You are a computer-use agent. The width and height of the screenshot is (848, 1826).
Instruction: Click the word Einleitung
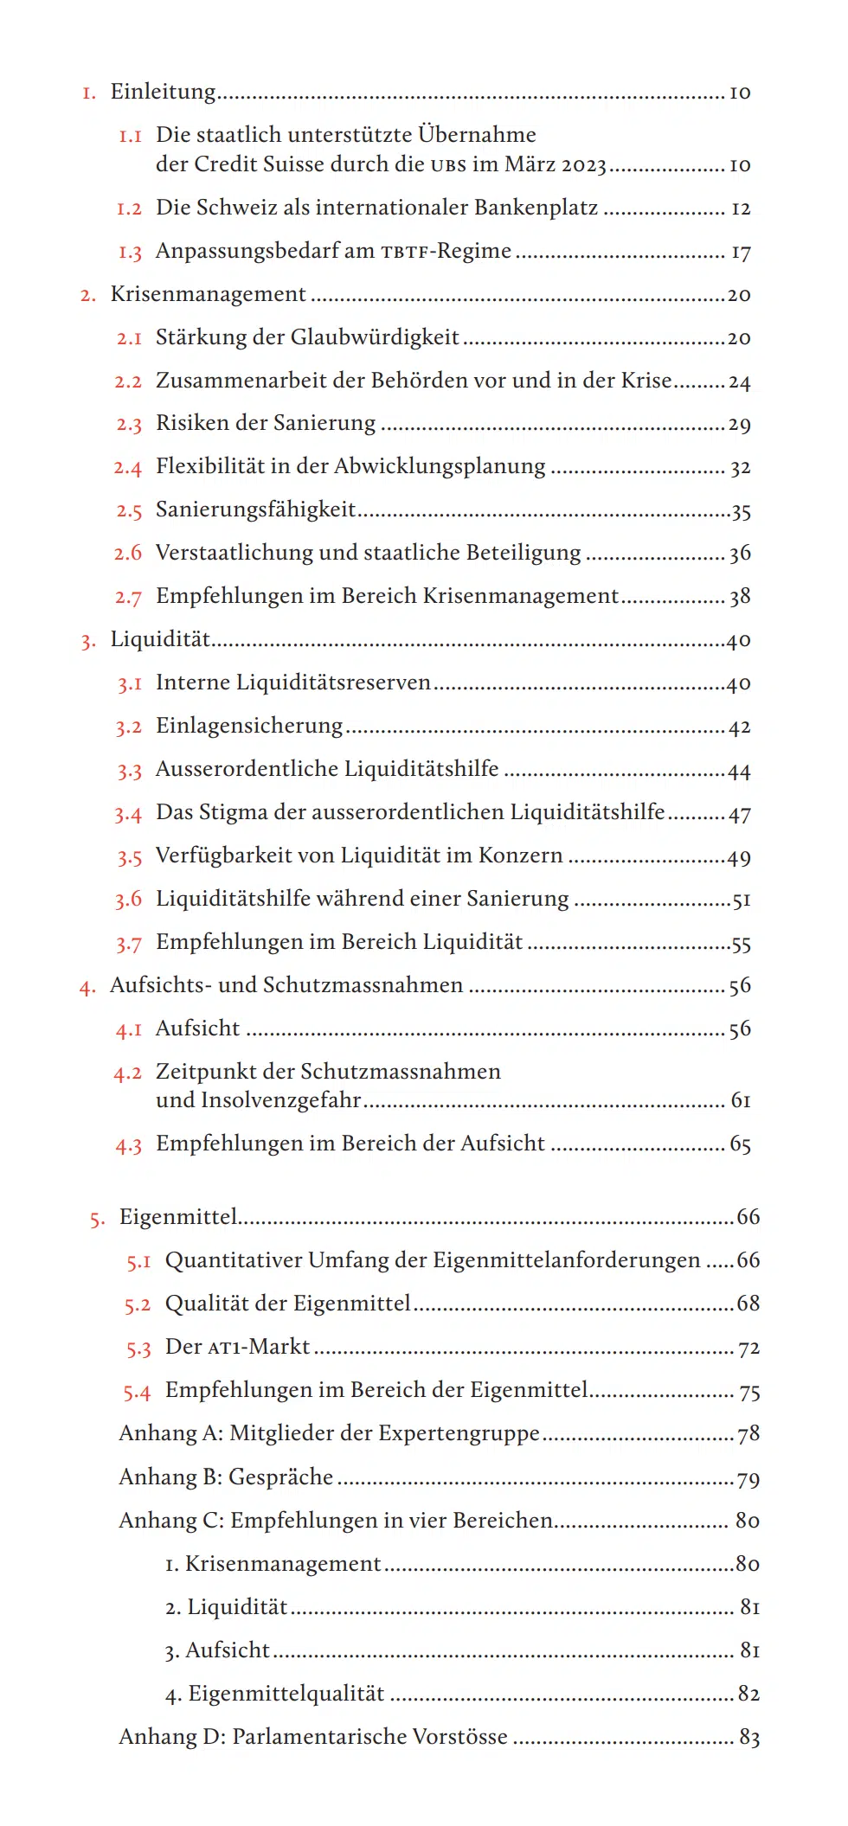(x=163, y=92)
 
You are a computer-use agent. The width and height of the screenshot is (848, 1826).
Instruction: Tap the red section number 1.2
(x=129, y=208)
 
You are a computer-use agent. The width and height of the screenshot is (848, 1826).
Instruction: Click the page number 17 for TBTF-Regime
(x=741, y=252)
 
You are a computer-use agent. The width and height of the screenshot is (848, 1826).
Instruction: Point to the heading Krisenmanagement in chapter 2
(x=208, y=294)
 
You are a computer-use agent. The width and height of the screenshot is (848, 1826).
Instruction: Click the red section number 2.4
(x=127, y=468)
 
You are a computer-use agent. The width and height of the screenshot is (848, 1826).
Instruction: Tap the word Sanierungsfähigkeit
(x=255, y=509)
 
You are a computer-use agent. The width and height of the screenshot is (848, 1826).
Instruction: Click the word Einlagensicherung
(x=249, y=726)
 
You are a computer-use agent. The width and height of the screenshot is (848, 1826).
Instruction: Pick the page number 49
(x=739, y=857)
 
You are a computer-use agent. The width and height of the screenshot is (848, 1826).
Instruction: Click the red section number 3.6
(x=128, y=900)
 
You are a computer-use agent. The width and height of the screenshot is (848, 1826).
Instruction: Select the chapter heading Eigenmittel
(x=178, y=1217)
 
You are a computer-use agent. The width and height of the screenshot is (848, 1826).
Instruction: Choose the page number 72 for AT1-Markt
(x=748, y=1348)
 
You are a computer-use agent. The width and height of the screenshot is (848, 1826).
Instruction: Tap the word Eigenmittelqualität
(x=286, y=1694)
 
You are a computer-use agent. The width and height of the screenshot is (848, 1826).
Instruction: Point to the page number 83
(x=748, y=1737)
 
